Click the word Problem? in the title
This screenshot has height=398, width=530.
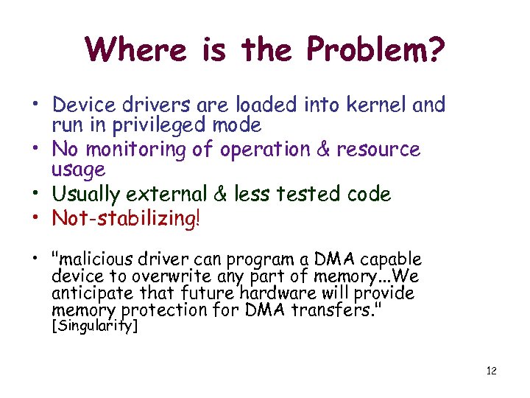(375, 50)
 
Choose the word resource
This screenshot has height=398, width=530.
(378, 150)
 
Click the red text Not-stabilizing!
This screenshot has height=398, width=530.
(126, 219)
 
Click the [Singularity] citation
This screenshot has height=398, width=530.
(93, 326)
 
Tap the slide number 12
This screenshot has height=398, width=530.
(491, 371)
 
